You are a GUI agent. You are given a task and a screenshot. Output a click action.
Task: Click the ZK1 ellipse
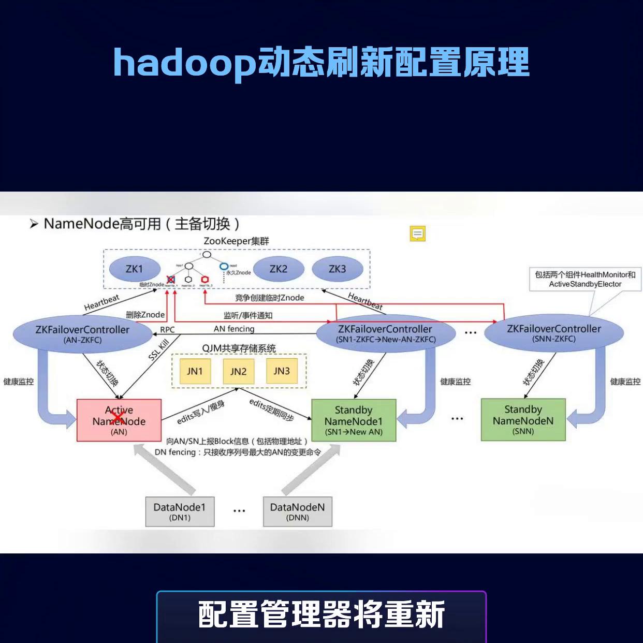(x=134, y=269)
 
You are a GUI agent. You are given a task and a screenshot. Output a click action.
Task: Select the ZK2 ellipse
(x=278, y=269)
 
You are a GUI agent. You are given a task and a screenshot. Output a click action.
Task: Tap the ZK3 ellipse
(x=337, y=269)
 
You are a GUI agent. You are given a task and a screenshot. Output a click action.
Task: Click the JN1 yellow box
(x=195, y=371)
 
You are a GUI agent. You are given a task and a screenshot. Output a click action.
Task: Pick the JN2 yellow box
(x=238, y=371)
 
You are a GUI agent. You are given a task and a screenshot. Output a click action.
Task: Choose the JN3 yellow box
(x=282, y=371)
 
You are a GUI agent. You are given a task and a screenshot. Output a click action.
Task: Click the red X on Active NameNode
(x=118, y=418)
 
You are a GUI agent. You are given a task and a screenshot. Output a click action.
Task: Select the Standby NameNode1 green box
(x=354, y=420)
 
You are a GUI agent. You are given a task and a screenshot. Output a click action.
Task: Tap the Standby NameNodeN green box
(x=523, y=420)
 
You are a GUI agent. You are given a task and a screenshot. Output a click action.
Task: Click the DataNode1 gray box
(x=180, y=512)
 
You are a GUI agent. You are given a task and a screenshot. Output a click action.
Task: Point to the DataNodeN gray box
(x=297, y=512)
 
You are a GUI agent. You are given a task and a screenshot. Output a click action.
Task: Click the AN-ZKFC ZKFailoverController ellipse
(x=82, y=333)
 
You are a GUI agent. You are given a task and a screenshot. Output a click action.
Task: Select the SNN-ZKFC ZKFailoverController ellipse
(x=554, y=333)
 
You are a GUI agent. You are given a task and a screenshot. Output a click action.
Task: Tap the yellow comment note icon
(x=418, y=234)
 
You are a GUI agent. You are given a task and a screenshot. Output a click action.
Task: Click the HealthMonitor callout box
(x=585, y=279)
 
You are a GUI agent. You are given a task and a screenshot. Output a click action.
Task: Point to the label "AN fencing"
(x=234, y=329)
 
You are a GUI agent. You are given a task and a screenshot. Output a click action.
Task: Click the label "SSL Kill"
(x=158, y=350)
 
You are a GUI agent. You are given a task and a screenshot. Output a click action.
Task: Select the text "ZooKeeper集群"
(x=236, y=241)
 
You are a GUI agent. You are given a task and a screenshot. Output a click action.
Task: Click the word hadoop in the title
(x=184, y=63)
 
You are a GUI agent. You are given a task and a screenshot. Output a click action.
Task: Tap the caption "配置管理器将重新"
(x=321, y=615)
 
